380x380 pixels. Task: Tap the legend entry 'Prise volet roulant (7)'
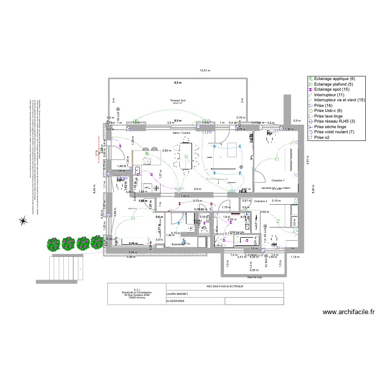coord(336,132)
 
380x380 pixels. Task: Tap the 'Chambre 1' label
coord(278,180)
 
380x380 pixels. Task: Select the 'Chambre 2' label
coord(260,201)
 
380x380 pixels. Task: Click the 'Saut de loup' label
coord(254,277)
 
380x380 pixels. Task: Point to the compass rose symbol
coord(23,220)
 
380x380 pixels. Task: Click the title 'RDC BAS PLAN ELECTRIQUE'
coord(225,286)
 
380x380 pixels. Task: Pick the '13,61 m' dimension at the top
coord(204,70)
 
